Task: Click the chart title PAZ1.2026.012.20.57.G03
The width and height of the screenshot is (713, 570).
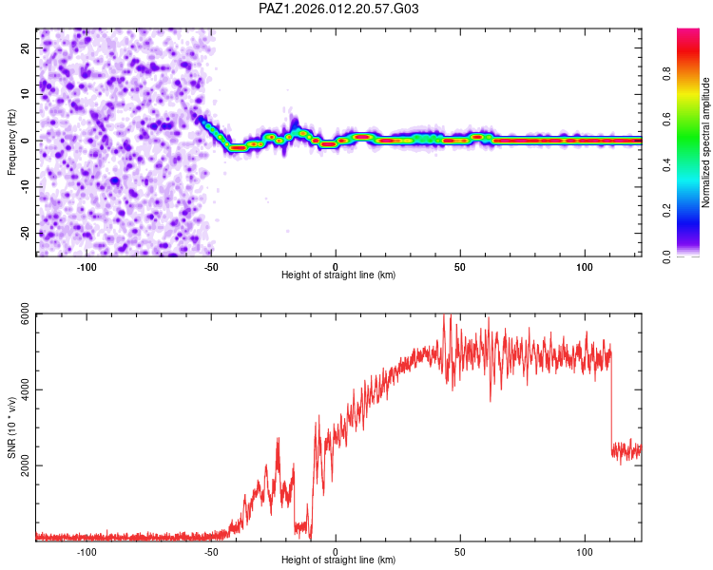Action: point(338,9)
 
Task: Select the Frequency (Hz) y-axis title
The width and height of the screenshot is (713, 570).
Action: point(11,142)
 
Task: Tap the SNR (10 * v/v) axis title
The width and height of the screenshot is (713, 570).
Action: point(11,427)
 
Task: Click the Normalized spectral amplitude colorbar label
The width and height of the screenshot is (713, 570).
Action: point(706,142)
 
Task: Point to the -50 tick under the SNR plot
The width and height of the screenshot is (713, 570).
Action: point(212,550)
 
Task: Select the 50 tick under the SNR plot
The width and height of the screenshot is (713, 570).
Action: point(460,550)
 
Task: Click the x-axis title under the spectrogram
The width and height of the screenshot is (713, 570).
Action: point(338,275)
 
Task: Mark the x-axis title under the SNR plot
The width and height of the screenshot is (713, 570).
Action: point(338,560)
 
